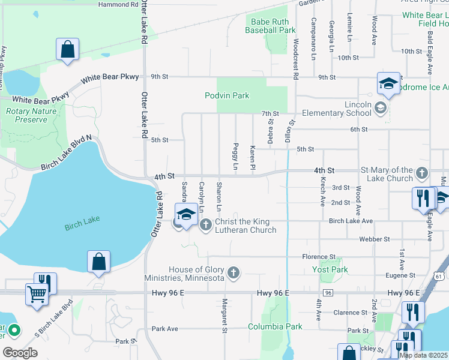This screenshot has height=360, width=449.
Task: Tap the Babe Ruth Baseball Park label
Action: pos(271,26)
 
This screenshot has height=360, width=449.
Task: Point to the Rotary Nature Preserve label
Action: pos(26,115)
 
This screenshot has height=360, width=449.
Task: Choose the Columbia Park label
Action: pos(276,327)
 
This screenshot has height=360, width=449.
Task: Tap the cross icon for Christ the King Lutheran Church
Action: pos(205,224)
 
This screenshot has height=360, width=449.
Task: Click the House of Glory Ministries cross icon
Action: pos(234,274)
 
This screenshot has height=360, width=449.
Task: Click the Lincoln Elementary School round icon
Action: pos(379,108)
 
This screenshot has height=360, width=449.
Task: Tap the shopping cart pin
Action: pos(37,295)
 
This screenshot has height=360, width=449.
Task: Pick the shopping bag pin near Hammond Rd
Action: pos(67,50)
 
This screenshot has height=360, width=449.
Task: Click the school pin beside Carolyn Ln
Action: pos(186,214)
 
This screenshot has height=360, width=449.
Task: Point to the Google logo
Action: pos(19,353)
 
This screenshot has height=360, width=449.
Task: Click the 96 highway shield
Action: pos(328,292)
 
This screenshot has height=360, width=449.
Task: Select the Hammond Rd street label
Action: pos(118,4)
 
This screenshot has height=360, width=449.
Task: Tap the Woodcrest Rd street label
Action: pos(296,60)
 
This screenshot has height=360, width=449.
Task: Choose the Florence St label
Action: pos(314,257)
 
